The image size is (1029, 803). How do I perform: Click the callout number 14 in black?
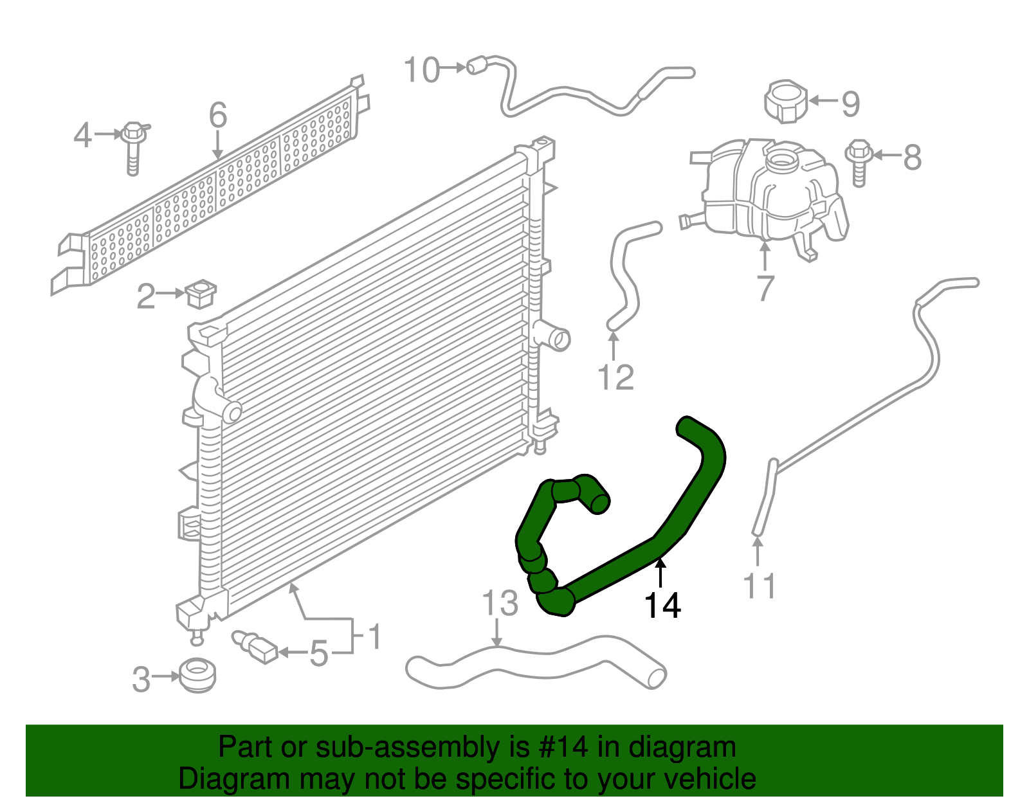tap(662, 606)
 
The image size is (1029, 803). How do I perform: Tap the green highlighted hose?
tap(617, 566)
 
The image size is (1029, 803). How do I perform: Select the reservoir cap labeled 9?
tap(785, 101)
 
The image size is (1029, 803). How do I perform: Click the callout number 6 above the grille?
tap(218, 116)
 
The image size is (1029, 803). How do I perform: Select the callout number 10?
tap(422, 70)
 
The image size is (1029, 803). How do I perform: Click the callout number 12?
tap(615, 377)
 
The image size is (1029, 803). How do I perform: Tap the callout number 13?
tap(500, 603)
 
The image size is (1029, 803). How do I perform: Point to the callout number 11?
tap(759, 586)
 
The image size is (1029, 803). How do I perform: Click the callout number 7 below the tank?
tap(765, 287)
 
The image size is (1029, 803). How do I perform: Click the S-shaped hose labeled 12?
tap(624, 276)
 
